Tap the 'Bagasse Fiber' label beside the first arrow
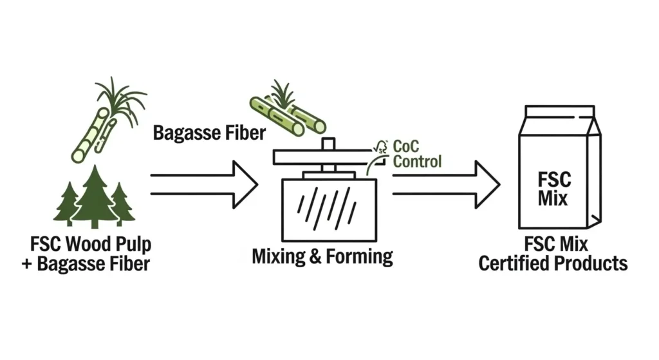point(209,133)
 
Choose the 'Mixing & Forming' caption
point(322,256)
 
